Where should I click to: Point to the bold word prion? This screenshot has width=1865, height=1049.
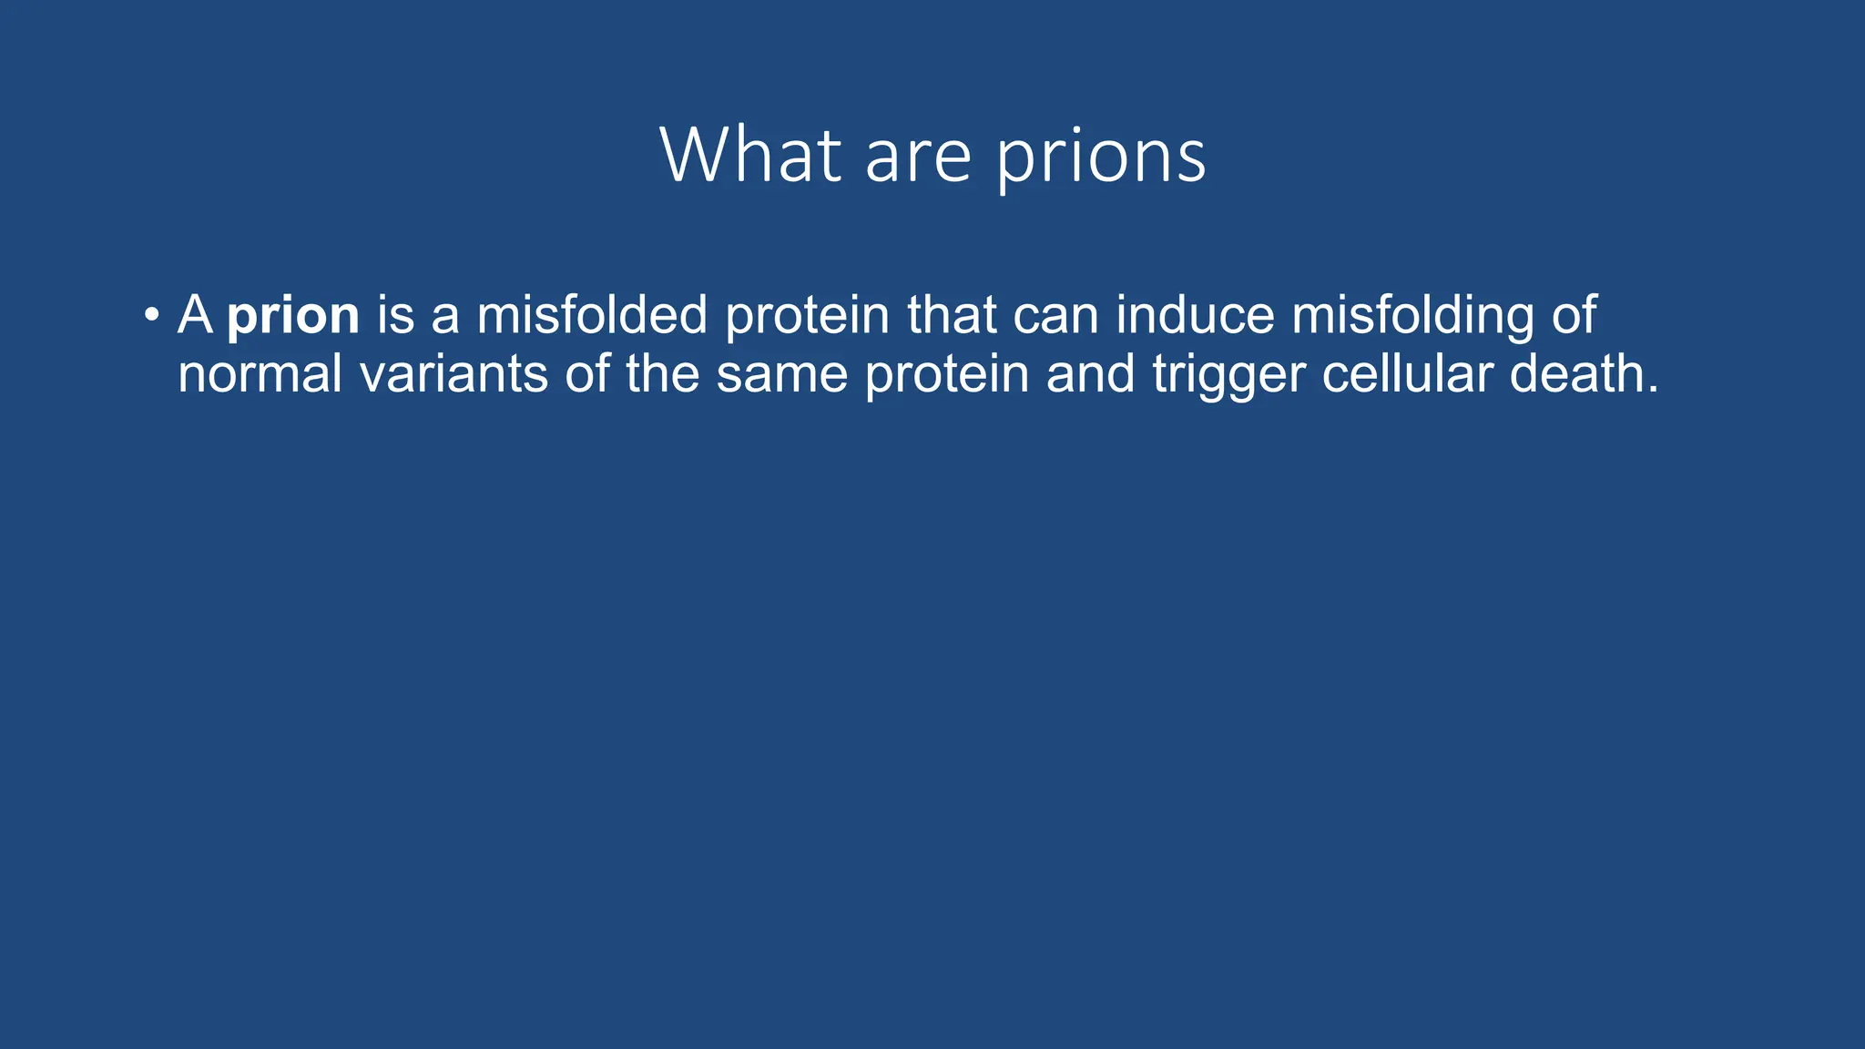[293, 316]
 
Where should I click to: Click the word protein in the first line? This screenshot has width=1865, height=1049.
[807, 316]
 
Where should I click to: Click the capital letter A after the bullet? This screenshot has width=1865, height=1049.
[195, 314]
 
